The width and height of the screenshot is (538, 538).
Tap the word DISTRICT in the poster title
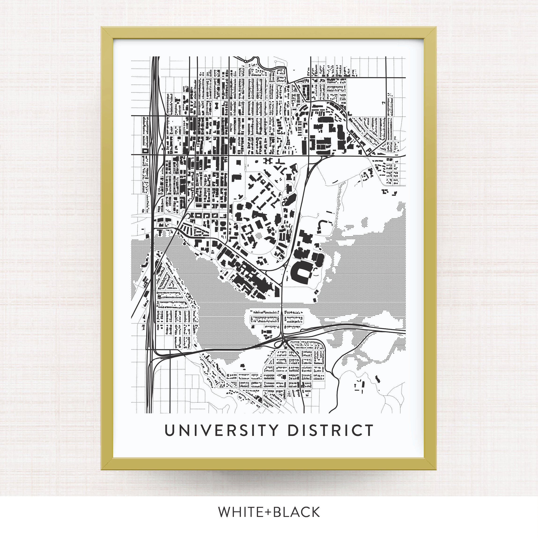tap(330, 430)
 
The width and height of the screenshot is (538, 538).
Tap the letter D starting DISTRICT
tap(293, 430)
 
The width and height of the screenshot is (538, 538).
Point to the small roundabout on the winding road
tap(245, 61)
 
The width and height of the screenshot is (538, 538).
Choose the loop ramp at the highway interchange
tap(277, 344)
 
